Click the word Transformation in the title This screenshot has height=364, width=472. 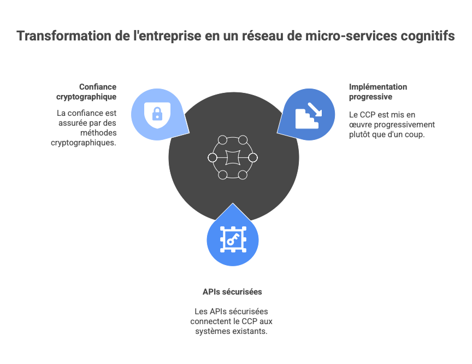[64, 36]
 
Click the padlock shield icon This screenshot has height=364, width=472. [157, 115]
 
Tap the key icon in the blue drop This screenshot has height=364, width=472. [233, 239]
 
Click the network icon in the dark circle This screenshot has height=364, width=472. [233, 157]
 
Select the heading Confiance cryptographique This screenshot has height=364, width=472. [86, 92]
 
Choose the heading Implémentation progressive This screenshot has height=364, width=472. [378, 92]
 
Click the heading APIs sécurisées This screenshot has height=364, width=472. [232, 292]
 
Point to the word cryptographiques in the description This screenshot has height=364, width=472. [84, 143]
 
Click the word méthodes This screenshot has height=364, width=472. [98, 133]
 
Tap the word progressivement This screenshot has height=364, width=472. [404, 125]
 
